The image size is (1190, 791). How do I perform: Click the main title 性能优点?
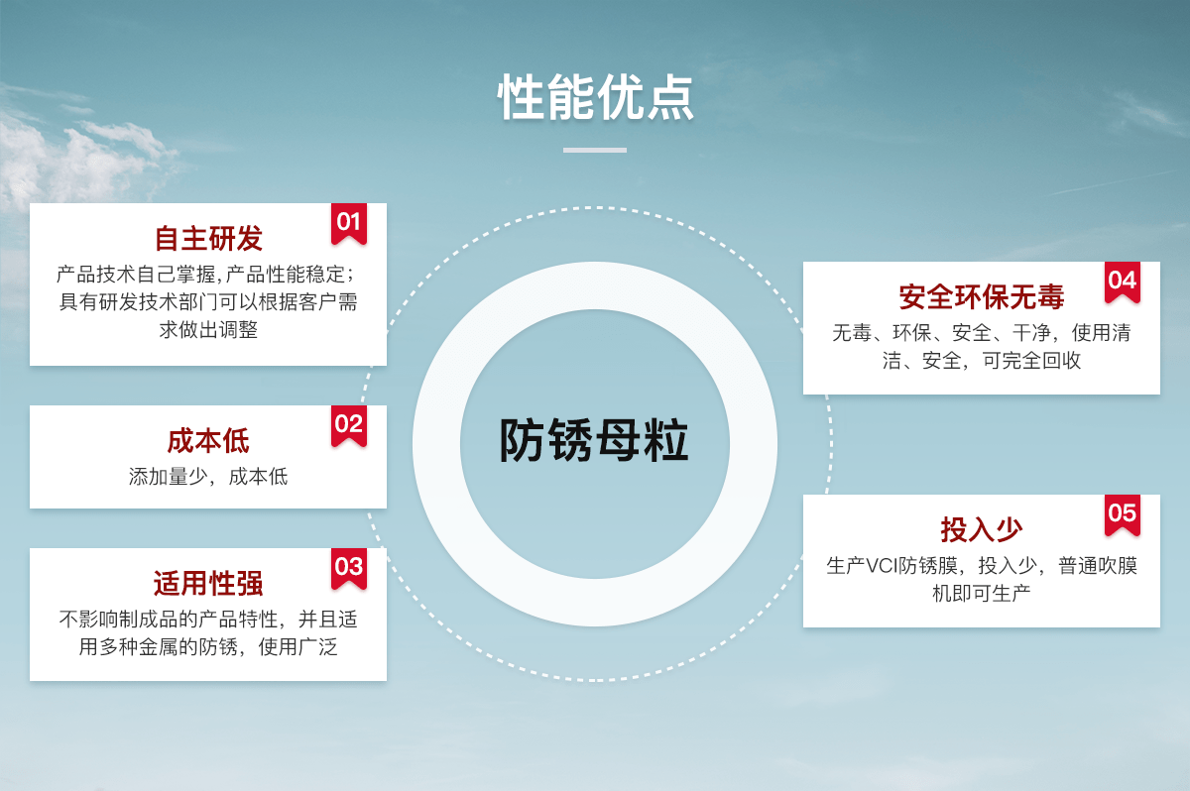(595, 96)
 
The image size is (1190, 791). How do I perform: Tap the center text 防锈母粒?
(594, 440)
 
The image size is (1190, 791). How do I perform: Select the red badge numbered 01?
(349, 223)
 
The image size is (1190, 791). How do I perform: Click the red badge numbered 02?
(349, 426)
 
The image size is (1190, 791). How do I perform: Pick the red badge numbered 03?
(349, 569)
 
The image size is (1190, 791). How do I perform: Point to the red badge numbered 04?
(1123, 282)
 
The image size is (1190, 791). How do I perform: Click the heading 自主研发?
(208, 238)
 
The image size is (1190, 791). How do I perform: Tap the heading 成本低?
(208, 441)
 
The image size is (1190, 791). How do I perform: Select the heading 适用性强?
(208, 584)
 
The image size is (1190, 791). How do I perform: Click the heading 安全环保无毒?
(981, 296)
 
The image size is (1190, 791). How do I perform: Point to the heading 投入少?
(981, 529)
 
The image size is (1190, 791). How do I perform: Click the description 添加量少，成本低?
(208, 477)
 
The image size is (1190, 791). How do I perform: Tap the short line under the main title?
(595, 151)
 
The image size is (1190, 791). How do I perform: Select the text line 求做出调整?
(208, 330)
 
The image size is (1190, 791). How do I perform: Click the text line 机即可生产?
(981, 593)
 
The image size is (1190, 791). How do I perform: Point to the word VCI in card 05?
(882, 566)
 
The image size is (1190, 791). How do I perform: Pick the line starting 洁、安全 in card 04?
(981, 361)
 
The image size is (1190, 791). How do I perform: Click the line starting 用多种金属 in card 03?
(208, 647)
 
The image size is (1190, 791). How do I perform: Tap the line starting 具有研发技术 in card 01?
(208, 302)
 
